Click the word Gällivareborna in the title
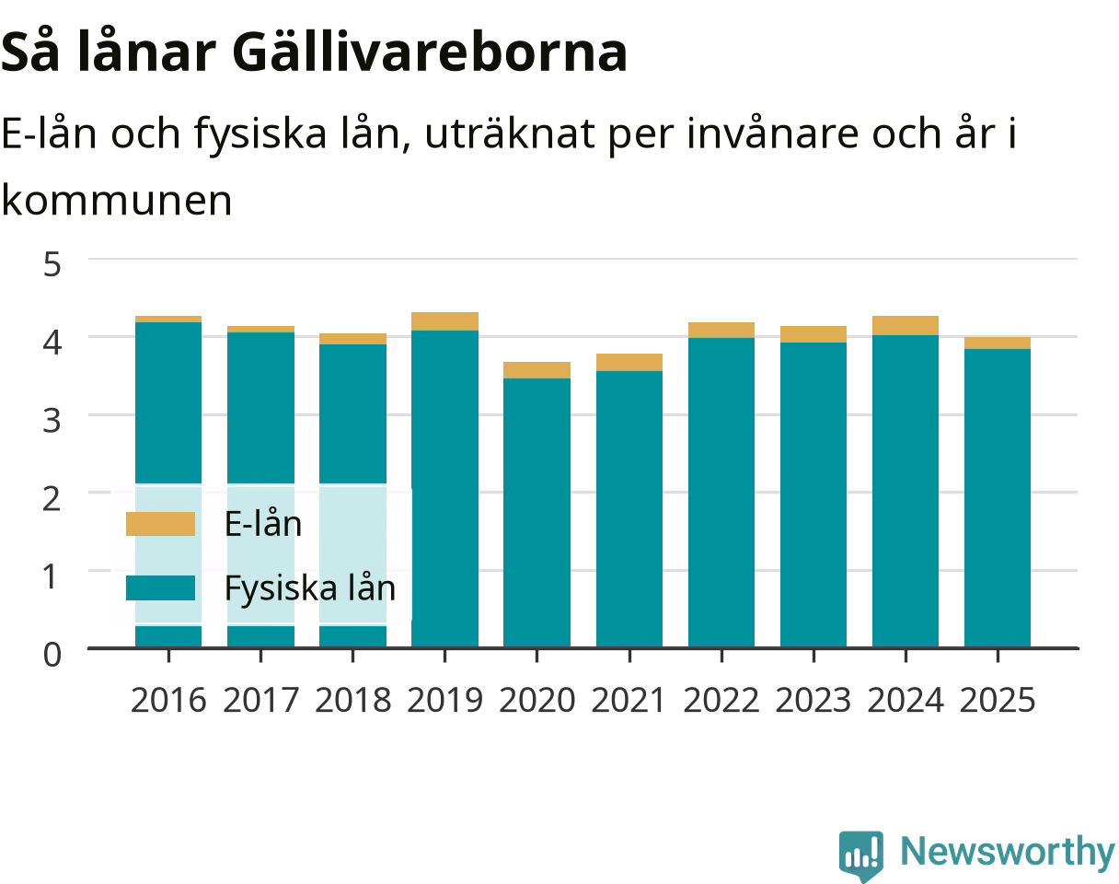pyautogui.click(x=430, y=52)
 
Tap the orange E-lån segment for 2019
pyautogui.click(x=444, y=321)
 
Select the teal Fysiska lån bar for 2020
pyautogui.click(x=536, y=513)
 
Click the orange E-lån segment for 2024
pyautogui.click(x=906, y=325)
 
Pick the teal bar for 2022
pyautogui.click(x=721, y=493)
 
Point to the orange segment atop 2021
pyautogui.click(x=629, y=362)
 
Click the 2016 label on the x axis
pyautogui.click(x=168, y=700)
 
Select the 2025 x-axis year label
pyautogui.click(x=998, y=700)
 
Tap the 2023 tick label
pyautogui.click(x=813, y=700)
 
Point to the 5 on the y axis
pyautogui.click(x=52, y=264)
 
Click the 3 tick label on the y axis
pyautogui.click(x=52, y=421)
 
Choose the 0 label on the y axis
pyautogui.click(x=52, y=654)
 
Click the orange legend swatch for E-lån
pyautogui.click(x=160, y=523)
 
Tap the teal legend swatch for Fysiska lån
pyautogui.click(x=160, y=587)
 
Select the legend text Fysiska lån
pyautogui.click(x=310, y=587)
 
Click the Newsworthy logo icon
pyautogui.click(x=861, y=855)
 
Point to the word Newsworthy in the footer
pyautogui.click(x=1009, y=851)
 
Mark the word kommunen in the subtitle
pyautogui.click(x=117, y=201)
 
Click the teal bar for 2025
pyautogui.click(x=998, y=498)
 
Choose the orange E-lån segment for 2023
pyautogui.click(x=813, y=334)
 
